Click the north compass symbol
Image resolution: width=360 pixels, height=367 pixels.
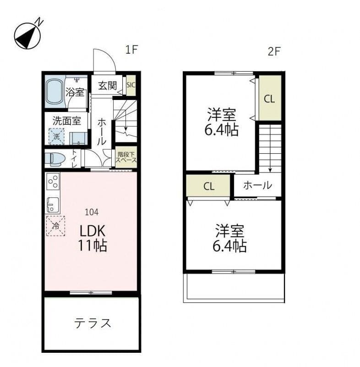coord(27,36)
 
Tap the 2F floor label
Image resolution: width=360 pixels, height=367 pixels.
coord(274,51)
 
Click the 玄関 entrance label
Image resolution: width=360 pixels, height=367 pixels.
coord(107,85)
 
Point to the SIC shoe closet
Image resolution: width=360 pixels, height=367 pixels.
coord(131,85)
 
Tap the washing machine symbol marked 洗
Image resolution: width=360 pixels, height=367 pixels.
coord(56,136)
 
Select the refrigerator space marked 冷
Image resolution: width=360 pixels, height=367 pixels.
coord(55,226)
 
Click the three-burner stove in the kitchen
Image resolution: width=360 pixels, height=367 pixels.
coord(53,181)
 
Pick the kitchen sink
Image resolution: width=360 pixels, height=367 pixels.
coord(53,205)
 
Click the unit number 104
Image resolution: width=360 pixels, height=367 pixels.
coord(92,212)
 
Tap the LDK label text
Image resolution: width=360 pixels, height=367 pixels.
coord(93,231)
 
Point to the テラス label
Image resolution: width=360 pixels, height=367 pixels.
coord(92,323)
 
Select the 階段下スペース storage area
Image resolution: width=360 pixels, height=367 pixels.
coord(126,157)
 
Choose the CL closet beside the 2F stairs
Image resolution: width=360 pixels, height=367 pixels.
coord(270,98)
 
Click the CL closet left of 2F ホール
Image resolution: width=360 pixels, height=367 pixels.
coord(208,186)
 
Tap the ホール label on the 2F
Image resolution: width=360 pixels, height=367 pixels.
coord(258,186)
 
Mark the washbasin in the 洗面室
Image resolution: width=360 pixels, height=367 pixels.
coord(78,139)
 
